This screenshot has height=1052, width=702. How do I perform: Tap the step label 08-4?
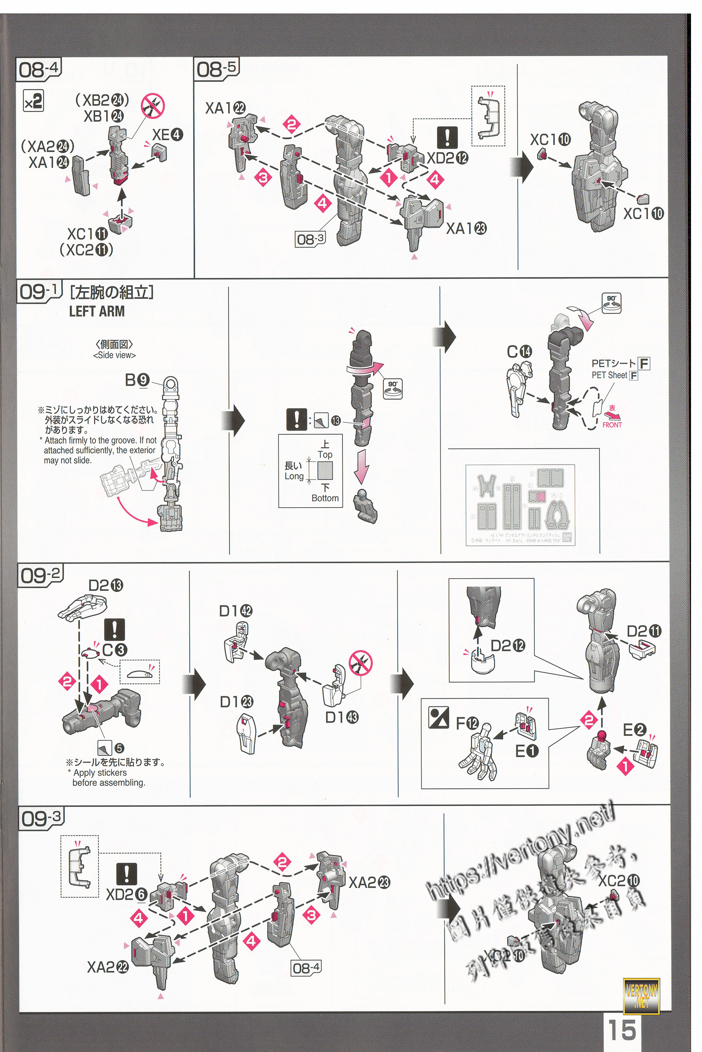[39, 70]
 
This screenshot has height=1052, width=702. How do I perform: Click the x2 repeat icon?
[33, 102]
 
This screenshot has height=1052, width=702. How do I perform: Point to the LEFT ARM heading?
[97, 311]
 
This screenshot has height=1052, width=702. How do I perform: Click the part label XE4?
[168, 135]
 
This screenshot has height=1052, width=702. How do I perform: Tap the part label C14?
[519, 352]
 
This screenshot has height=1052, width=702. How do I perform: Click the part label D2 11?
[643, 632]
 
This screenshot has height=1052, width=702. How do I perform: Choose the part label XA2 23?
[369, 882]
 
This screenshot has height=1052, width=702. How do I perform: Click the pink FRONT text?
[612, 425]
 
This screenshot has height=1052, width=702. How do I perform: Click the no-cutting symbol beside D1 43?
[361, 664]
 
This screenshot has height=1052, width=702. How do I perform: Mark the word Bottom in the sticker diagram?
[325, 498]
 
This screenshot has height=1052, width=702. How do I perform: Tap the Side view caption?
[114, 355]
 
